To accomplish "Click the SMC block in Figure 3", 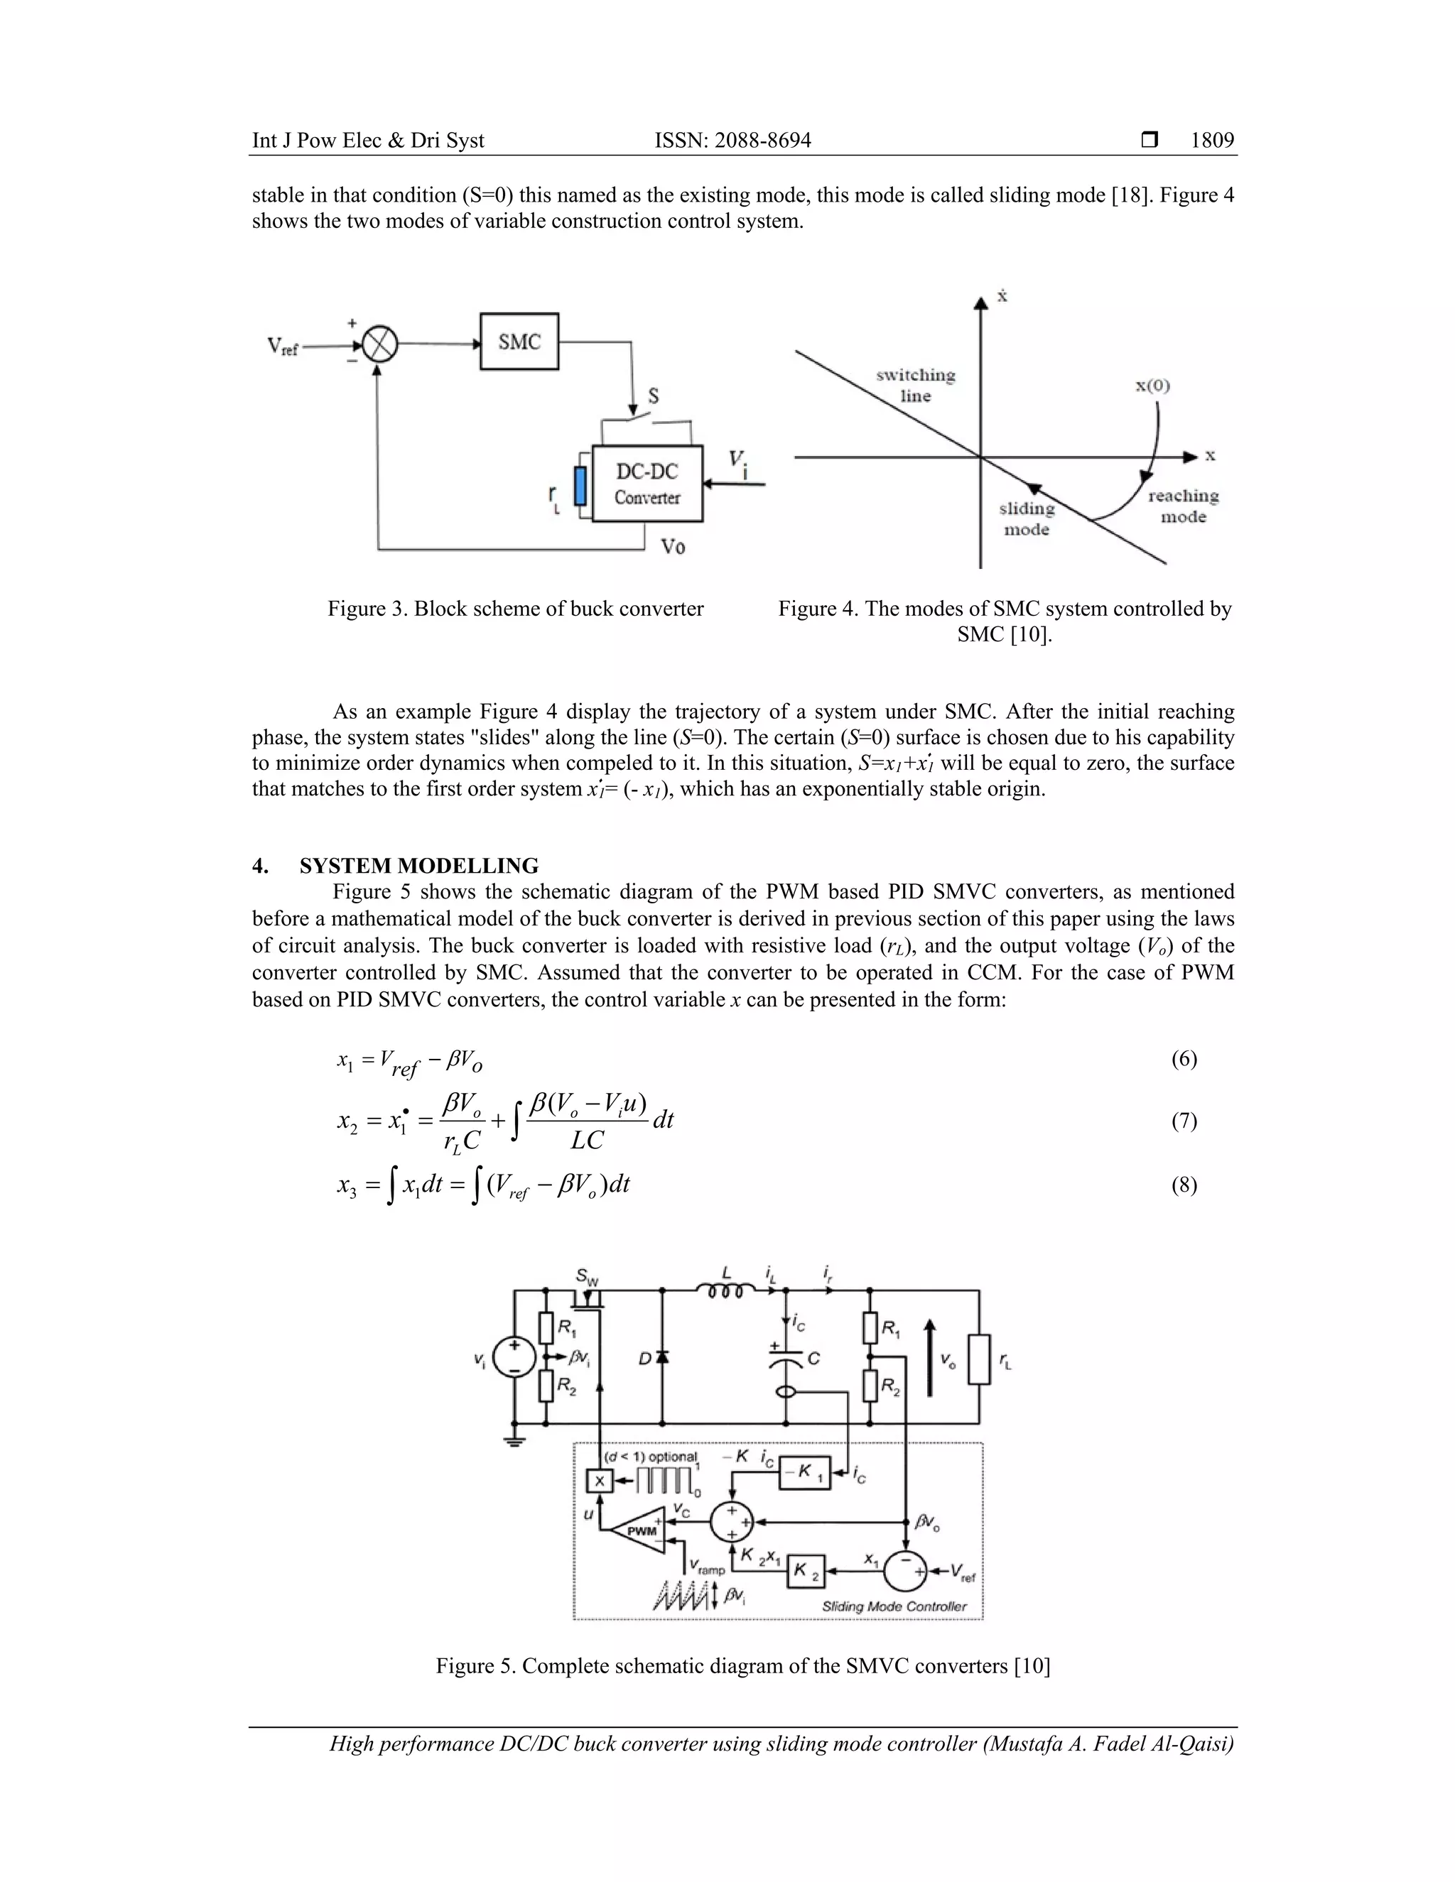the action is point(519,342).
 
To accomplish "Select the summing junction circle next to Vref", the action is point(379,347).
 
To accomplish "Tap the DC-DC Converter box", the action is point(647,484).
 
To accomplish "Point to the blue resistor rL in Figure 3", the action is point(580,486).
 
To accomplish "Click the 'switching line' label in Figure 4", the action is point(915,385).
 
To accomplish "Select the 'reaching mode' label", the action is point(1183,506).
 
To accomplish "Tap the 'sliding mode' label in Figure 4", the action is point(1027,518).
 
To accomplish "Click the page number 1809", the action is point(1212,141).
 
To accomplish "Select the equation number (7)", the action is point(1184,1120).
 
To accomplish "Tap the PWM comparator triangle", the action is point(639,1530).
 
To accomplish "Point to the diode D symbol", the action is point(662,1358).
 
